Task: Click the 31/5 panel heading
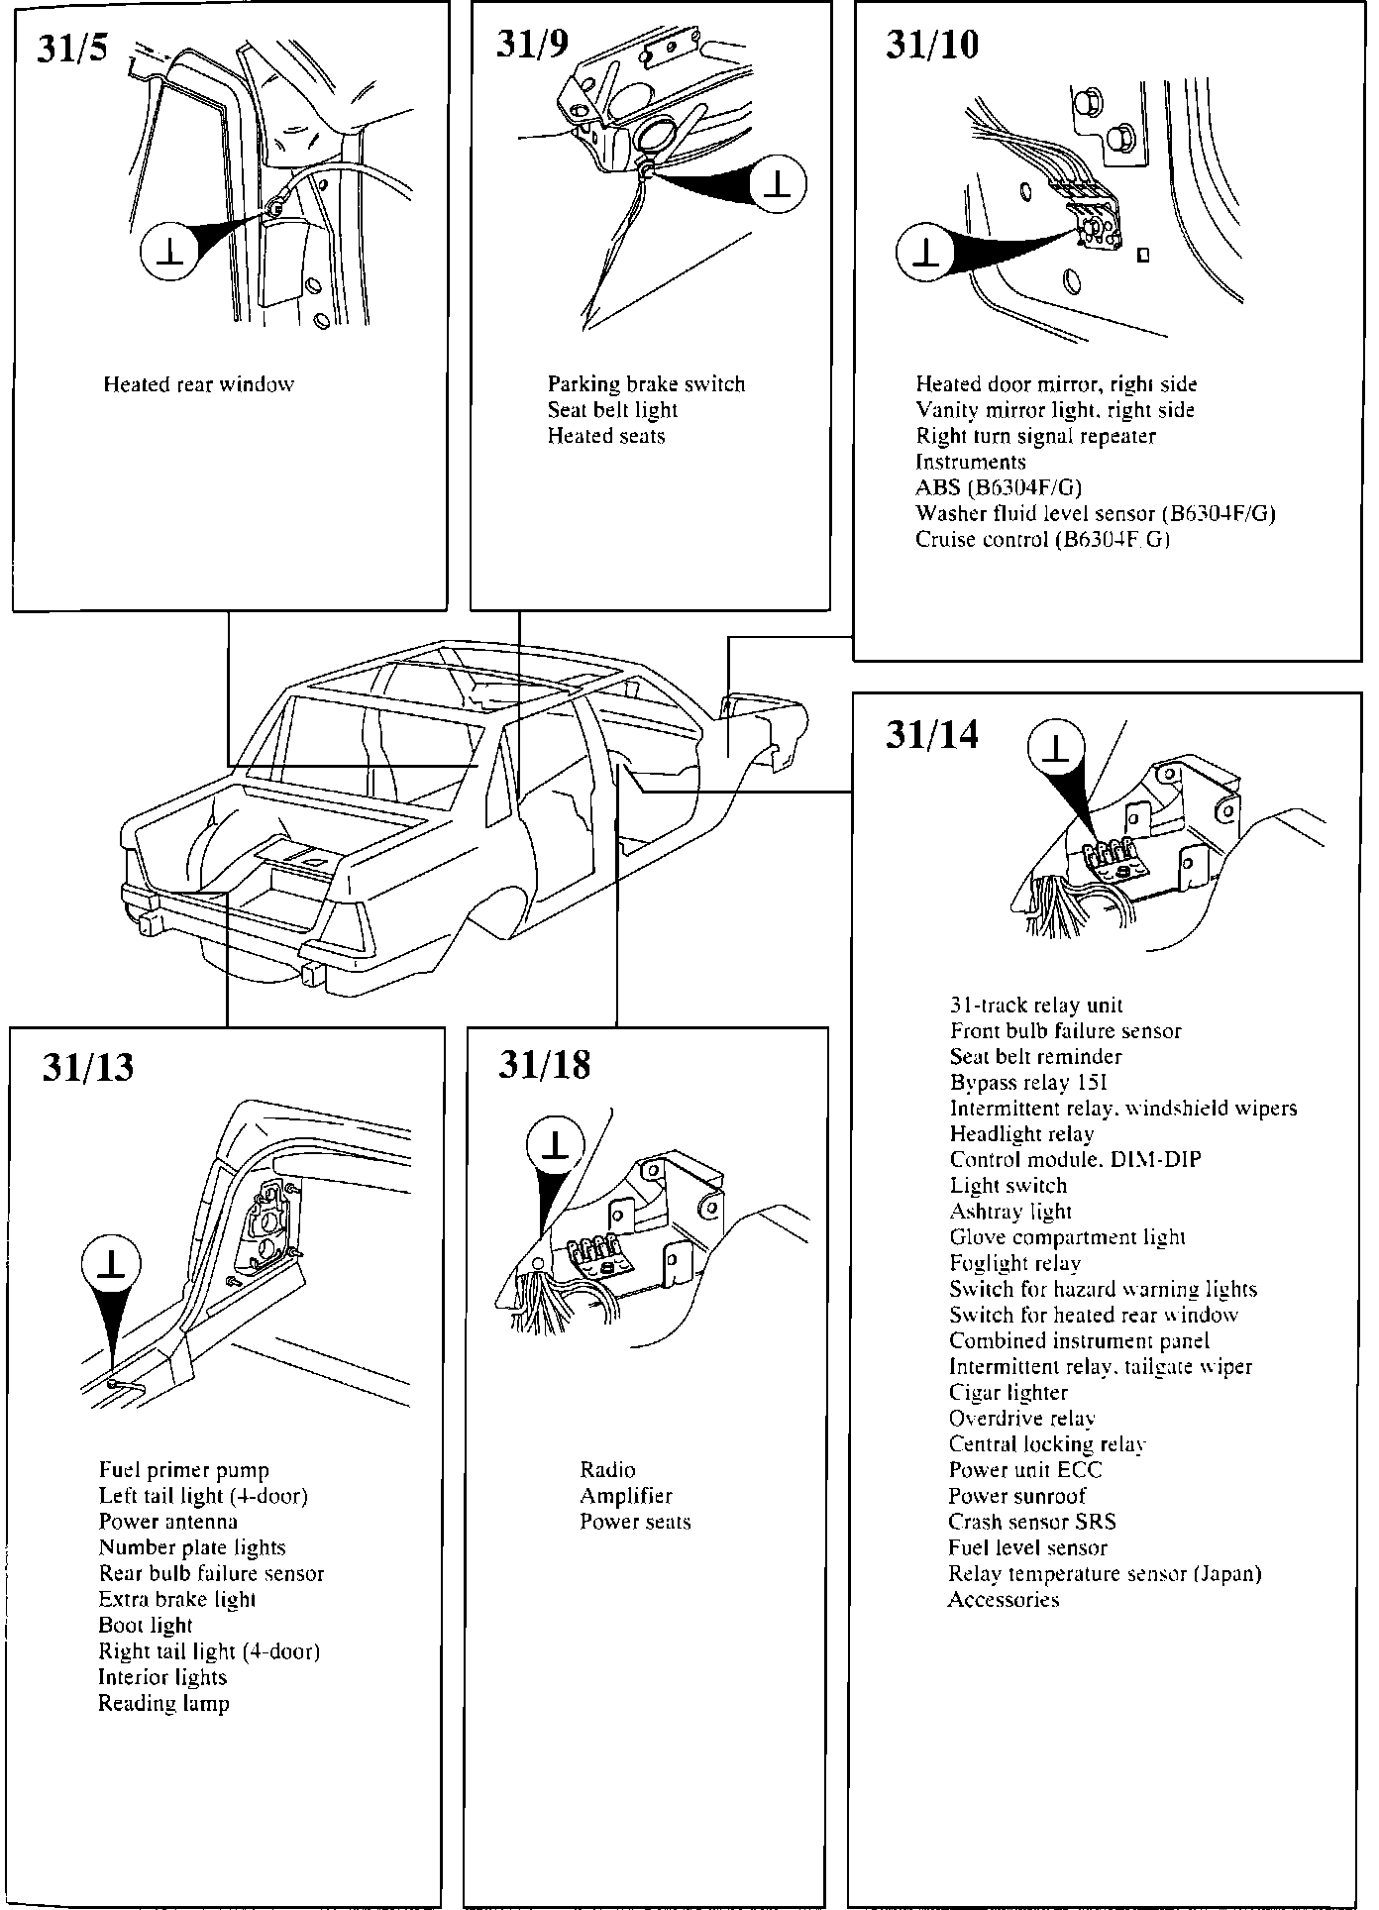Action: pos(72,48)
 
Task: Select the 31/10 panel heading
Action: pos(931,46)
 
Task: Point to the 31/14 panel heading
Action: pos(931,735)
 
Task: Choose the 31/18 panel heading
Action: pos(544,1065)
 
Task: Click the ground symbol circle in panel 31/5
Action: pos(171,254)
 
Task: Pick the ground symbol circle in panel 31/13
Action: pos(111,1266)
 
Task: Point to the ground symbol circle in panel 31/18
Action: pos(556,1147)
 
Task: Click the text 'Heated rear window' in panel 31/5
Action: pos(198,384)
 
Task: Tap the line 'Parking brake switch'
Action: pos(646,384)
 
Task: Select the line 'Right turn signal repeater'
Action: pos(1035,436)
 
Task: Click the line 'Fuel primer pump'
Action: pos(184,1470)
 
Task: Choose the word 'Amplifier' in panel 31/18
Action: pos(626,1496)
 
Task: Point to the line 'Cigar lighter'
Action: pos(1008,1393)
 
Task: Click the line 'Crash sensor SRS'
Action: pos(1032,1522)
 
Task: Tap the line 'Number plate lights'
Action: pos(192,1547)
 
